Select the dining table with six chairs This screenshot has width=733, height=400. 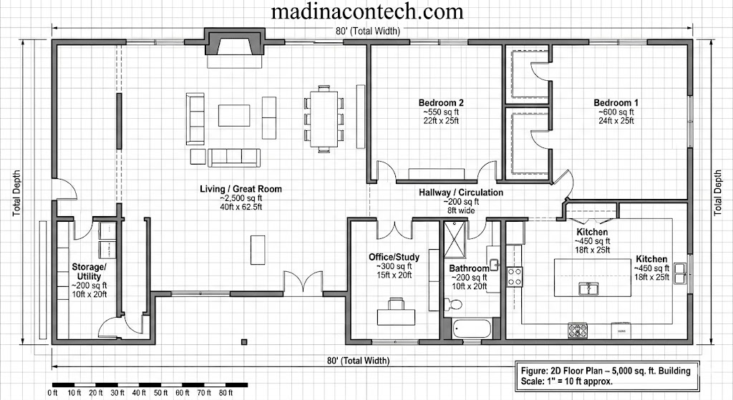point(324,117)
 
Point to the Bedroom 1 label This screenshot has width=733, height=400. point(616,102)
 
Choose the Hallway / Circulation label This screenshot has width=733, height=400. point(461,192)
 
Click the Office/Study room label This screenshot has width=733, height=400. point(394,257)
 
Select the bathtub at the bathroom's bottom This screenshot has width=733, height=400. point(472,330)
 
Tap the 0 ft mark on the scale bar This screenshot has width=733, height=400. point(52,392)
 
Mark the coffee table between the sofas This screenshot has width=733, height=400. point(234,116)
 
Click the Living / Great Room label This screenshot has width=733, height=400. point(241,190)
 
